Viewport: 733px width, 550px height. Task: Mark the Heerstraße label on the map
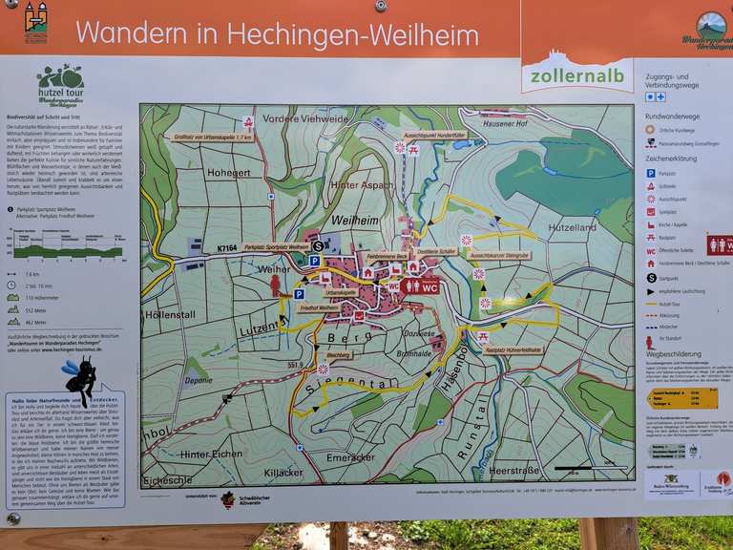pos(513,471)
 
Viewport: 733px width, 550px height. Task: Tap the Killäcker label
pos(284,472)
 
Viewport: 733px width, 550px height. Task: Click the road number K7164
pos(226,249)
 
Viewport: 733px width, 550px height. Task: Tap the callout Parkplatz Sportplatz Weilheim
pos(276,247)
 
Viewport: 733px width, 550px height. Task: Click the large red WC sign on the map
pos(420,286)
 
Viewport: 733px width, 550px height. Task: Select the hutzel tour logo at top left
pos(60,84)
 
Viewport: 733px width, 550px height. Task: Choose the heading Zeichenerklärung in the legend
pos(674,159)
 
